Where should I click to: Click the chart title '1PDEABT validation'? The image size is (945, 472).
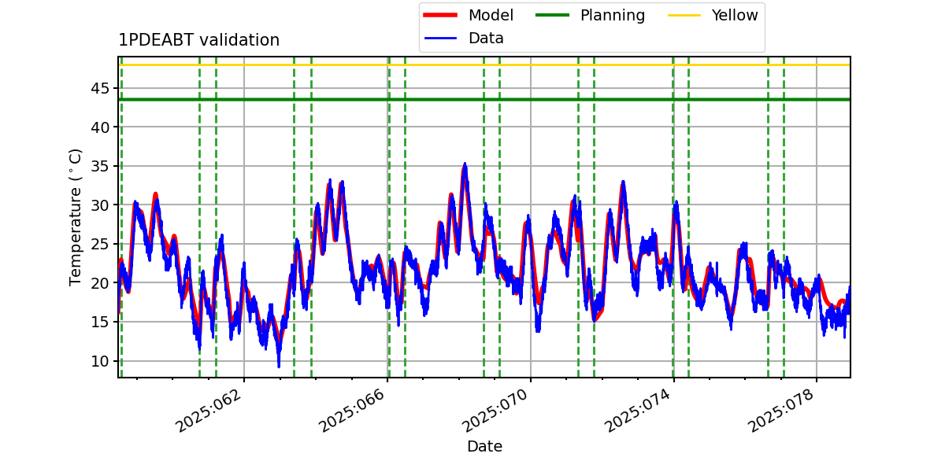pyautogui.click(x=198, y=40)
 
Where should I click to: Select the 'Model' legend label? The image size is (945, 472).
pyautogui.click(x=491, y=15)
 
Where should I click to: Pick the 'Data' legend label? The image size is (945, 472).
pyautogui.click(x=486, y=39)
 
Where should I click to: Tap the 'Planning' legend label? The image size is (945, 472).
pyautogui.click(x=613, y=15)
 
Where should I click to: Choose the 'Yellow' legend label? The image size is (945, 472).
pyautogui.click(x=735, y=15)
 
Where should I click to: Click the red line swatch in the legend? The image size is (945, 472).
pyautogui.click(x=440, y=15)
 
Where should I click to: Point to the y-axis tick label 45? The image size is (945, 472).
pyautogui.click(x=100, y=88)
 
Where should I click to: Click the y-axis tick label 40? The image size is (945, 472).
pyautogui.click(x=100, y=127)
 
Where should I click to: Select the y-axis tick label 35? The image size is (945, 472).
pyautogui.click(x=100, y=167)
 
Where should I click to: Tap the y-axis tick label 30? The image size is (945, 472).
pyautogui.click(x=100, y=205)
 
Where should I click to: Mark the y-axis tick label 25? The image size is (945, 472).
pyautogui.click(x=100, y=245)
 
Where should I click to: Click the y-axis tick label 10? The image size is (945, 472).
pyautogui.click(x=100, y=361)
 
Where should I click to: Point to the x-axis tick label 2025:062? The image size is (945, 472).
pyautogui.click(x=209, y=410)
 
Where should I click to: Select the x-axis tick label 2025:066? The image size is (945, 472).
pyautogui.click(x=352, y=410)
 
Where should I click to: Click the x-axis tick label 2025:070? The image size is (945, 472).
pyautogui.click(x=495, y=410)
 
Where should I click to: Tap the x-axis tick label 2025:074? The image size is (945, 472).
pyautogui.click(x=638, y=410)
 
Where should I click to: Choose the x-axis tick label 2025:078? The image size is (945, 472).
pyautogui.click(x=781, y=410)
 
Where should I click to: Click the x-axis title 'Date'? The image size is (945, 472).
pyautogui.click(x=484, y=446)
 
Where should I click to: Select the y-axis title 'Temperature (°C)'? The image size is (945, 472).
pyautogui.click(x=75, y=217)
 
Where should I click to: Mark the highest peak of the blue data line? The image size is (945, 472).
pyautogui.click(x=465, y=163)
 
